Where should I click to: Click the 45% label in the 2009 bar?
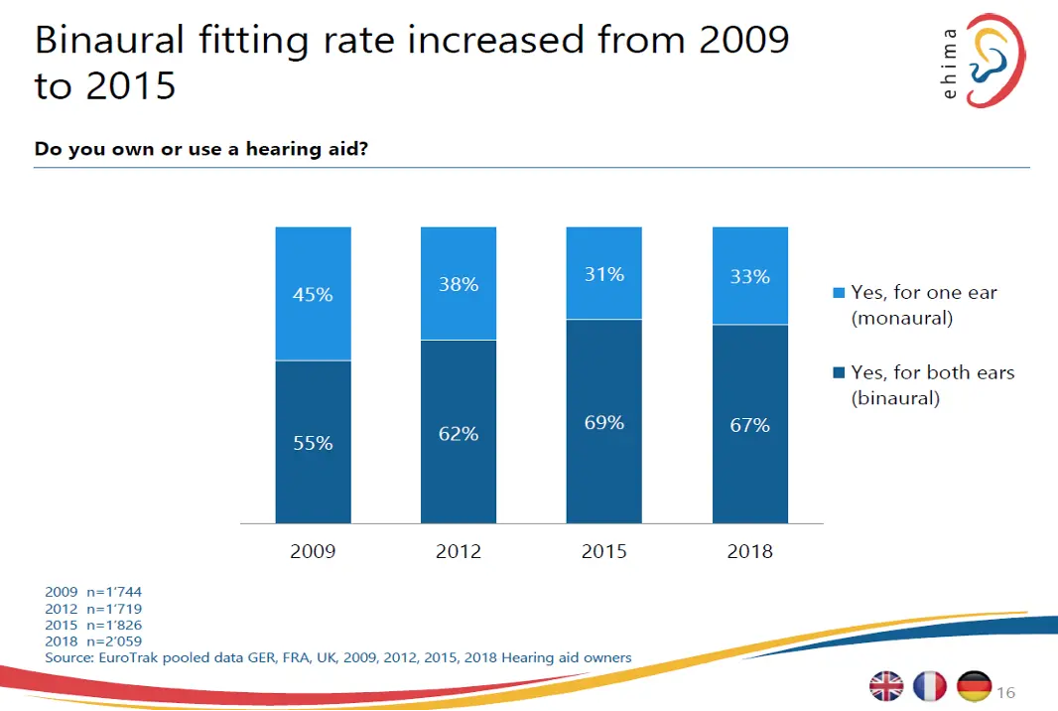coord(313,295)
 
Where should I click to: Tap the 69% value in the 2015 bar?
coord(603,423)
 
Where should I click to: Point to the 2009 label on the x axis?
coord(313,551)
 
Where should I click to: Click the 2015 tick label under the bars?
coord(603,551)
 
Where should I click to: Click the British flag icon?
coord(885,686)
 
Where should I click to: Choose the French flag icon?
coord(930,686)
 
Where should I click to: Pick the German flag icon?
coord(974,686)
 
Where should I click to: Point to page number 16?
coord(1005,692)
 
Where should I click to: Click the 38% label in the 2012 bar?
coord(459,285)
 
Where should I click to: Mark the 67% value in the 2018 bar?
coord(749,425)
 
